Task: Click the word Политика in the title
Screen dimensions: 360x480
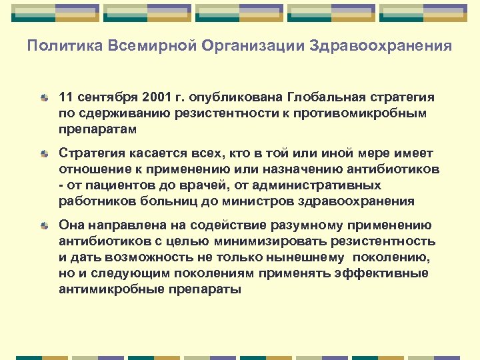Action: (x=57, y=47)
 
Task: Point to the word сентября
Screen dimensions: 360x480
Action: (x=100, y=97)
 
